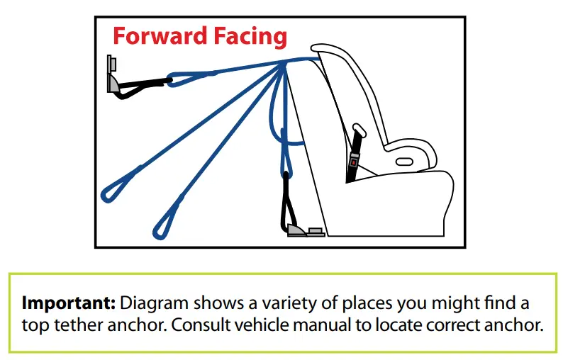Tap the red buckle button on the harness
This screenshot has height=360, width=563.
pyautogui.click(x=354, y=163)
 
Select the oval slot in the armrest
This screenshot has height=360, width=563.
pyautogui.click(x=404, y=162)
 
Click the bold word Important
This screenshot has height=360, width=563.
pyautogui.click(x=69, y=303)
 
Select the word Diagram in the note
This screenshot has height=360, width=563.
pyautogui.click(x=154, y=304)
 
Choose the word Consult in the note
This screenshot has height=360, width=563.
pyautogui.click(x=201, y=325)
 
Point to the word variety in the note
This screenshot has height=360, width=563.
pyautogui.click(x=289, y=304)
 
